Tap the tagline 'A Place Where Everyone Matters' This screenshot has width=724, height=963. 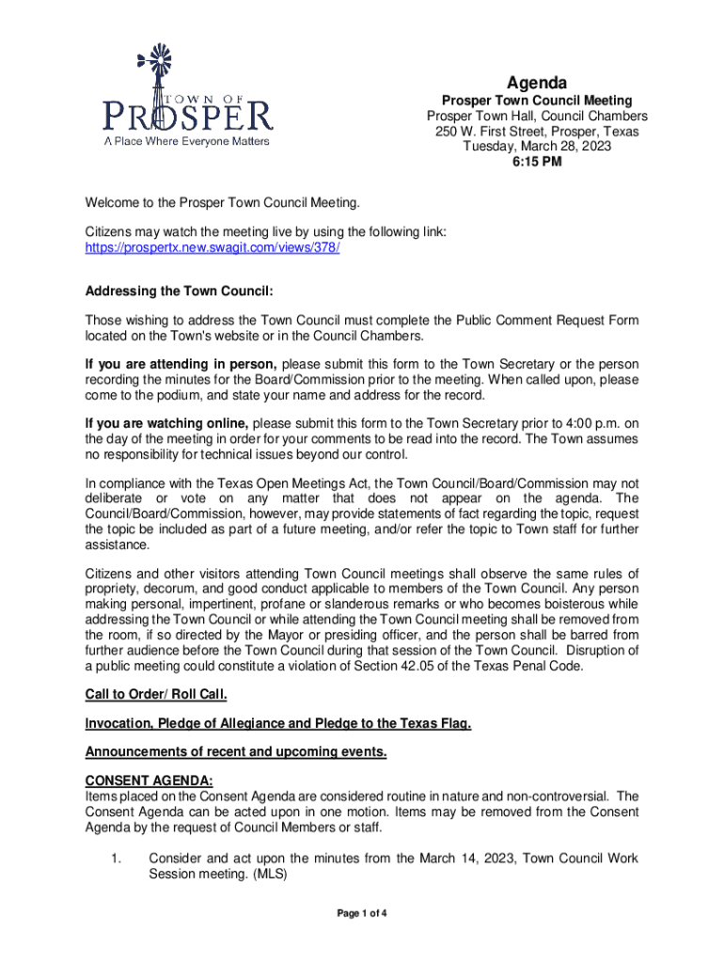[185, 142]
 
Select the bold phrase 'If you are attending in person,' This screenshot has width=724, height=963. [181, 364]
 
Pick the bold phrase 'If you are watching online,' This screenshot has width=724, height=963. [167, 422]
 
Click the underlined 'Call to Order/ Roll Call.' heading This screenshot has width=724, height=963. [156, 695]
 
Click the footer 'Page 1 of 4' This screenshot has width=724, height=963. [362, 912]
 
